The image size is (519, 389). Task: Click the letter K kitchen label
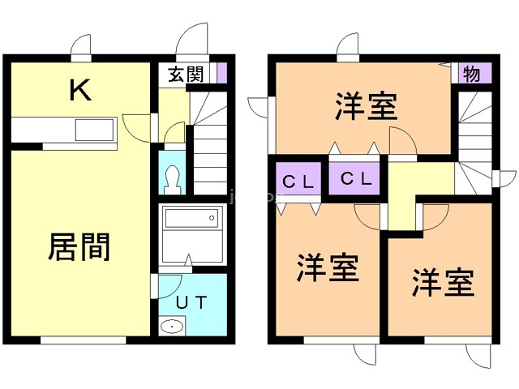[x=80, y=90]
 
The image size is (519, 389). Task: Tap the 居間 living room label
[x=79, y=247]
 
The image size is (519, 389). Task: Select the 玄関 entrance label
[x=186, y=74]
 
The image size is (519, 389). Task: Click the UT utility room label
[x=191, y=302]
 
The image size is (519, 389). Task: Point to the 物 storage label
[x=472, y=74]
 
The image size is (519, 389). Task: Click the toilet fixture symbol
[x=173, y=180]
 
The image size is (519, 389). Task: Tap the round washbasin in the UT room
[x=172, y=327]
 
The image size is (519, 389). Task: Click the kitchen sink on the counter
[x=95, y=130]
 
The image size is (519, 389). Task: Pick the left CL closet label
[x=298, y=182]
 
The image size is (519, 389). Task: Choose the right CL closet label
[x=357, y=178]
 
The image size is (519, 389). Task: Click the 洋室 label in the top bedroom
[x=366, y=105]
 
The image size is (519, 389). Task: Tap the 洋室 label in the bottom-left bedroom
[x=328, y=267]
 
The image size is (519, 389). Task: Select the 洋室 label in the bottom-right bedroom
[x=444, y=282]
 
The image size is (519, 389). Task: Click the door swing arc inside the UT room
[x=175, y=291]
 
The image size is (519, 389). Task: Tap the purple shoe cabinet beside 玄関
[x=221, y=73]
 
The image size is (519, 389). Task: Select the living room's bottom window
[x=84, y=340]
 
